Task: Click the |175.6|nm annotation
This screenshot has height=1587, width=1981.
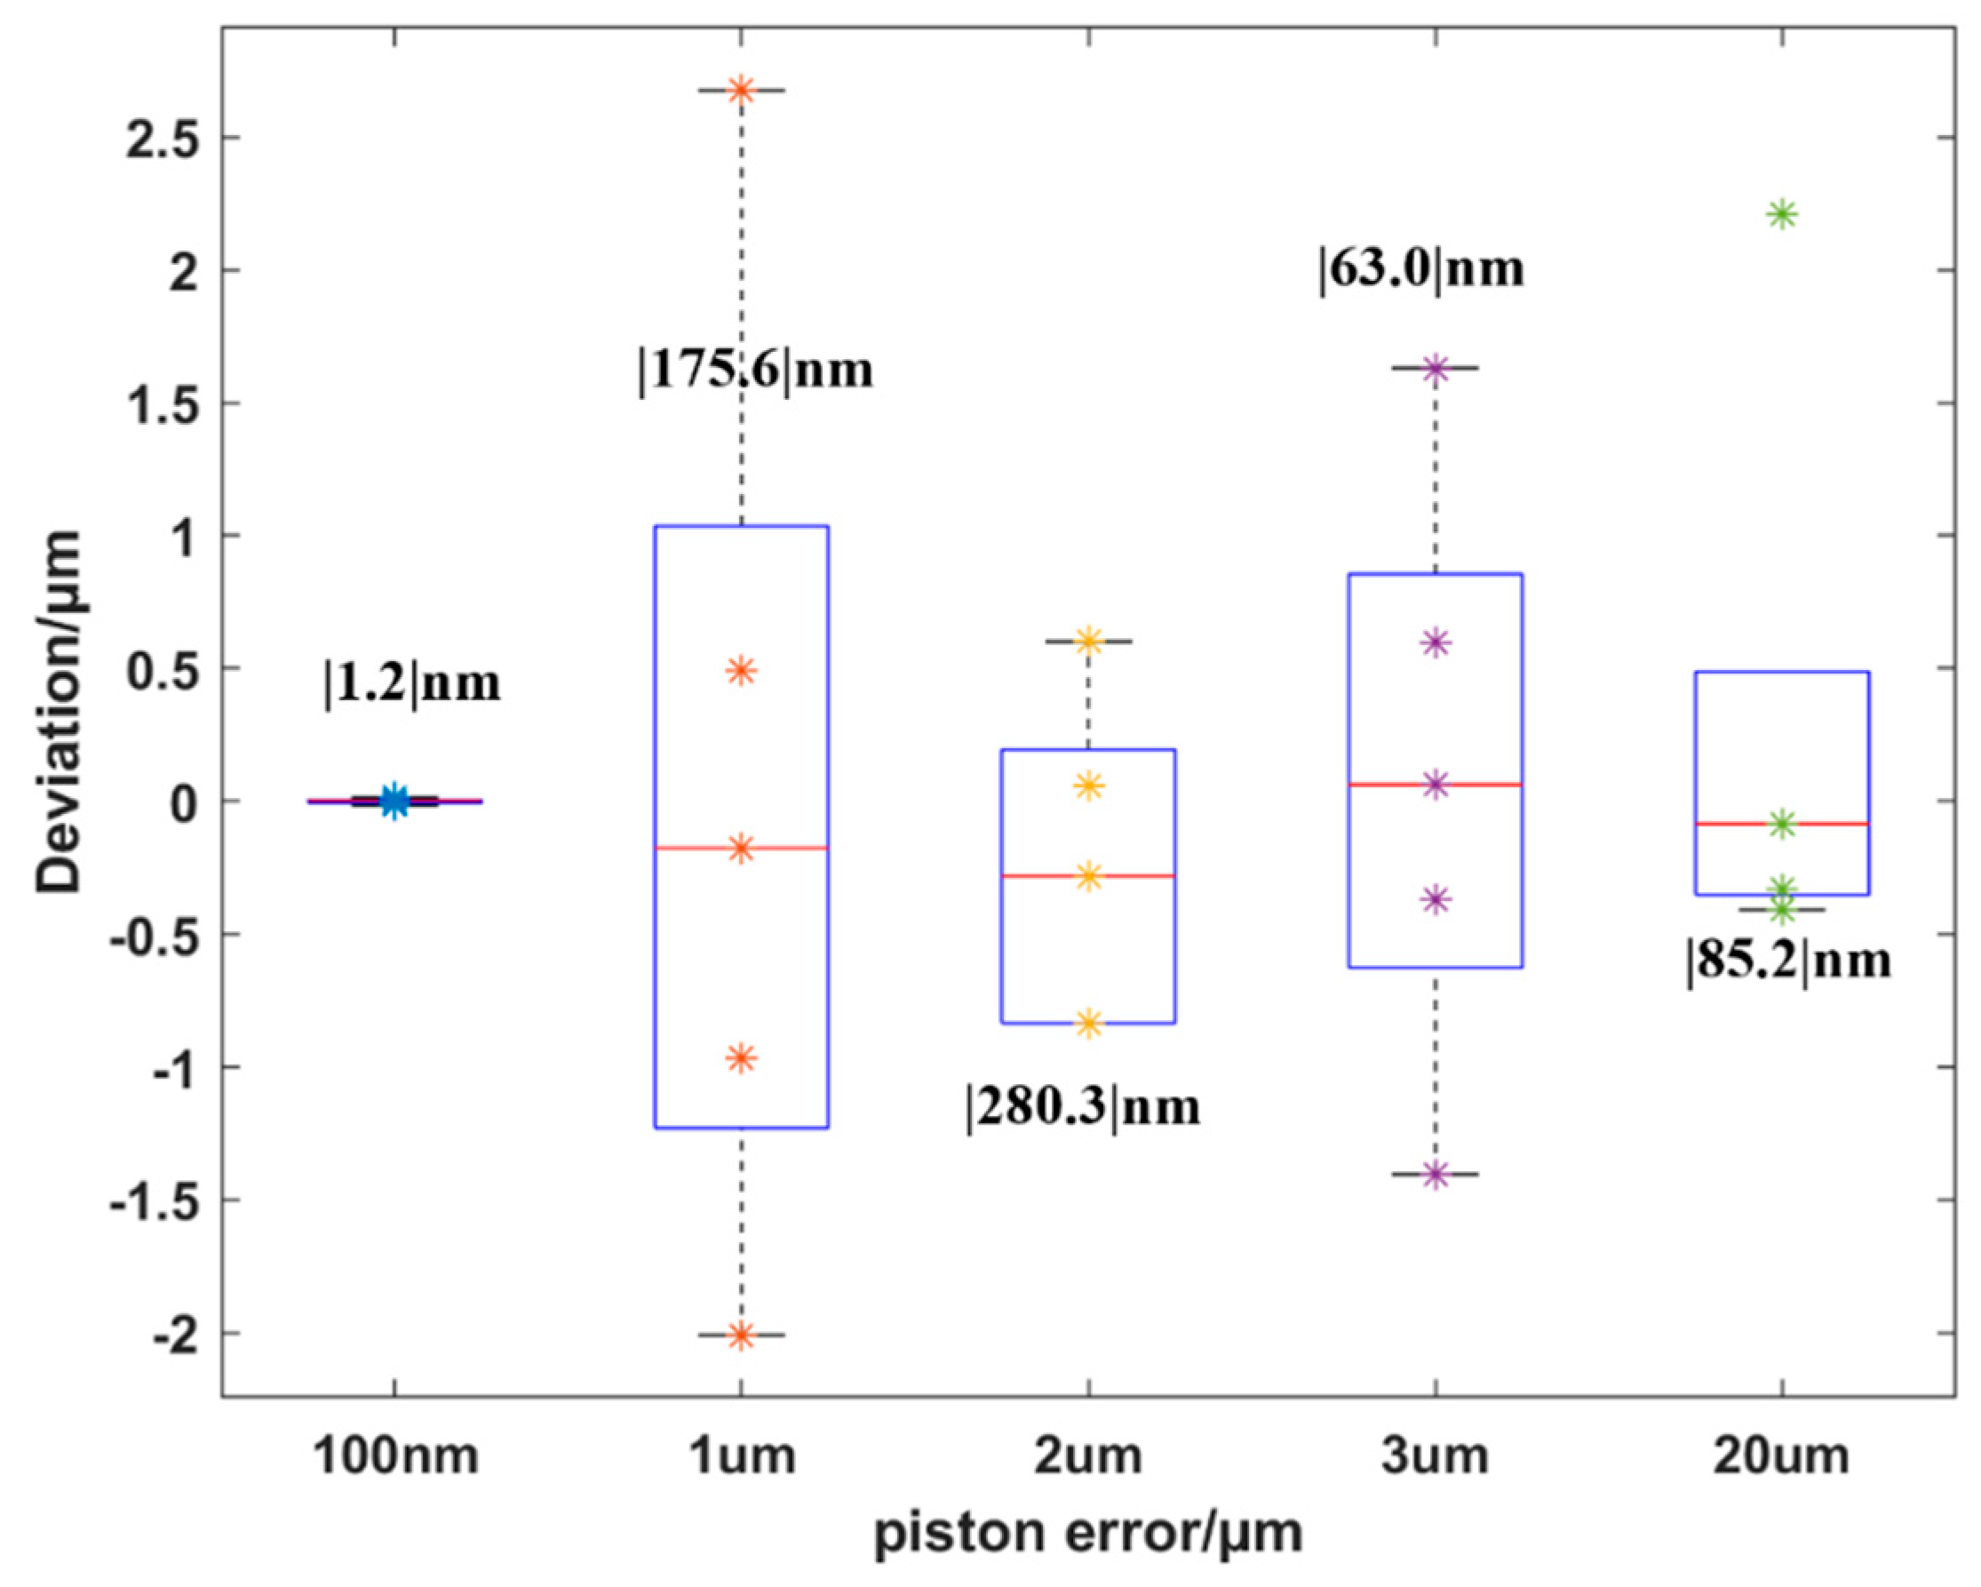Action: tap(756, 371)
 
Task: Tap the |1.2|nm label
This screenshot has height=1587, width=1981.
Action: tap(412, 683)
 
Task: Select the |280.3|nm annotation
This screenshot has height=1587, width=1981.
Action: tap(1083, 1107)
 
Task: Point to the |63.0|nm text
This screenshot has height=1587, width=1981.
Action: tap(1421, 269)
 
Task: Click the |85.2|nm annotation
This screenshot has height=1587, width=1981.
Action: tap(1788, 961)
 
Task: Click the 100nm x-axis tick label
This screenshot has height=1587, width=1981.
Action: tap(395, 1457)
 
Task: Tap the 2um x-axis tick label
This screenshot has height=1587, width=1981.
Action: tap(1088, 1457)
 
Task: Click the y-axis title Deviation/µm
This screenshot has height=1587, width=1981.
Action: tap(59, 711)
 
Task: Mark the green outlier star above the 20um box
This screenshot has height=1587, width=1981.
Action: tap(1783, 215)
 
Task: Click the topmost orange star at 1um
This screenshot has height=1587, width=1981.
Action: tap(742, 90)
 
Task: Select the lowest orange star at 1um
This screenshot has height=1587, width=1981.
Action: tap(742, 1336)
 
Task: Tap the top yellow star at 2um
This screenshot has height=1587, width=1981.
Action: tap(1089, 641)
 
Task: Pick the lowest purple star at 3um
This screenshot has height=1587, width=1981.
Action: tap(1436, 1175)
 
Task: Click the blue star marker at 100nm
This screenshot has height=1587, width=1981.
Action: tap(394, 801)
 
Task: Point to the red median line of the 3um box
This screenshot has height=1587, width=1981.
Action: tap(1479, 785)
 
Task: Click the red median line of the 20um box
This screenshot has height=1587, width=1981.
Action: tap(1828, 825)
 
